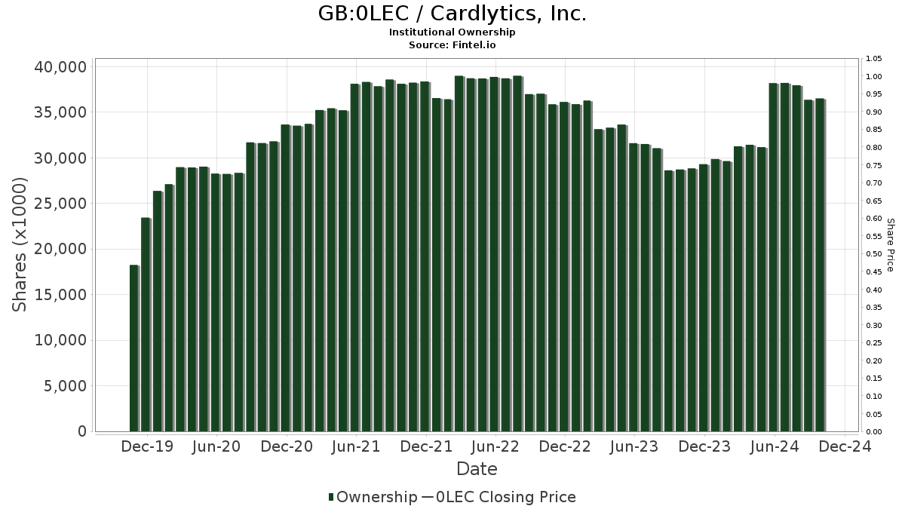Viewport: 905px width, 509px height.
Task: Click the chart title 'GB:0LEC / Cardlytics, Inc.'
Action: click(452, 14)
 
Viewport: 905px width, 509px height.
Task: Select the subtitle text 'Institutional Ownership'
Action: click(452, 32)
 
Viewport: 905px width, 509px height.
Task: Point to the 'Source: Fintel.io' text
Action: click(452, 45)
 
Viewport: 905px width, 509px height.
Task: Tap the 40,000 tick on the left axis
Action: click(60, 67)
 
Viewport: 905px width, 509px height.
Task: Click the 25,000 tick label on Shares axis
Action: click(60, 204)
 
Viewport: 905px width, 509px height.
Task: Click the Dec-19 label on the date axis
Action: click(147, 446)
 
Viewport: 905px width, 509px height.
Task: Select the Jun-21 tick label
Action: click(356, 446)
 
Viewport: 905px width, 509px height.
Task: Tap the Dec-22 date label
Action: click(565, 446)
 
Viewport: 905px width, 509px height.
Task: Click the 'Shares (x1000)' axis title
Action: click(20, 244)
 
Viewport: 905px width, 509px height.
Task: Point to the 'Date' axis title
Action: click(477, 469)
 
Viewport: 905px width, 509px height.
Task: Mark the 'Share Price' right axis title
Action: click(890, 244)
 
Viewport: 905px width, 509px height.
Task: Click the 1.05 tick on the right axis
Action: click(873, 59)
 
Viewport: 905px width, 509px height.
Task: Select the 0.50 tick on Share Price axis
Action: click(873, 254)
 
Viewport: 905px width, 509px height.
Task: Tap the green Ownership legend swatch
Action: click(331, 497)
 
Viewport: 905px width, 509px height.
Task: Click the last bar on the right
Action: click(820, 265)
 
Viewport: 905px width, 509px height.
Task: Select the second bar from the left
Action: click(146, 324)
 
